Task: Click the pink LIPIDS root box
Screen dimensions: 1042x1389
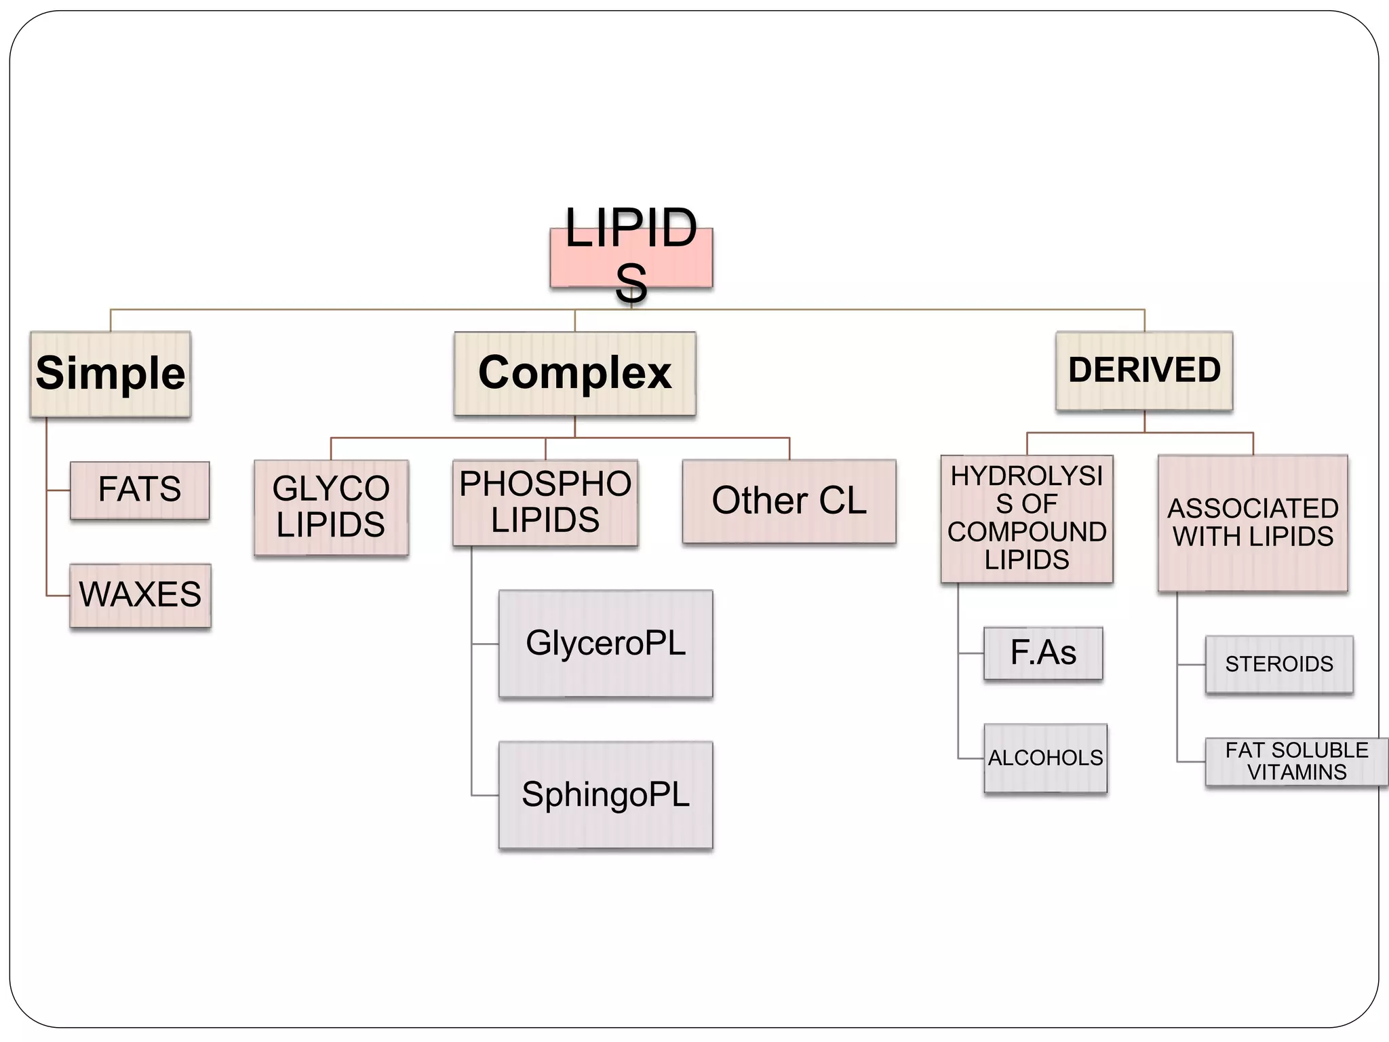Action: [x=631, y=257]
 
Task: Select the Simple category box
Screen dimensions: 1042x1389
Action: [x=111, y=374]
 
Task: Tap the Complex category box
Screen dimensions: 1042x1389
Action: [x=574, y=373]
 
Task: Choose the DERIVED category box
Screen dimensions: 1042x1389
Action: [x=1144, y=370]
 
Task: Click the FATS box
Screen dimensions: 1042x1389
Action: [x=140, y=490]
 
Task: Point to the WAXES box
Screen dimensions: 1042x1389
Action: [x=140, y=595]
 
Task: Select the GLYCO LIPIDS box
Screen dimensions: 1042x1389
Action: [x=331, y=507]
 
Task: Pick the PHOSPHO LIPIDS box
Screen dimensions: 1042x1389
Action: [x=545, y=503]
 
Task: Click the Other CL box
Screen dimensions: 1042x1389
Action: [x=789, y=501]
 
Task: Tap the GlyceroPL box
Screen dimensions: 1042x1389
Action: [x=606, y=643]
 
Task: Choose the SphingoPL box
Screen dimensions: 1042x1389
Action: [x=606, y=794]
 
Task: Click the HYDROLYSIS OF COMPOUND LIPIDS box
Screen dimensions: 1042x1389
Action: [x=1027, y=518]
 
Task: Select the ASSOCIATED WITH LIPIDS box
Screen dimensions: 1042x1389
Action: [x=1253, y=523]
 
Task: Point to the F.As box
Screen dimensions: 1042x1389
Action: [x=1043, y=653]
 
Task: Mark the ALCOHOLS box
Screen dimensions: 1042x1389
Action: [x=1045, y=758]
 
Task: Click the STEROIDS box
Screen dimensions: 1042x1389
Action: [x=1279, y=664]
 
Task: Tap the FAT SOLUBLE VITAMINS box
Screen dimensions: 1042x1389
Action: [x=1296, y=761]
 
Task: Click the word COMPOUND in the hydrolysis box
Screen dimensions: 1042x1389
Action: [x=1027, y=532]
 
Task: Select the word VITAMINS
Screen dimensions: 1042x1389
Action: [x=1297, y=773]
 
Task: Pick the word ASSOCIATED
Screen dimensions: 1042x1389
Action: [x=1253, y=508]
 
